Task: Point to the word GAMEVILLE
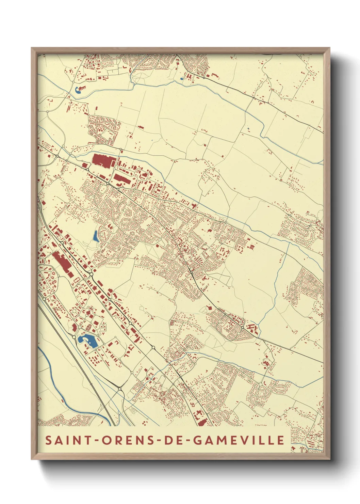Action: click(239, 440)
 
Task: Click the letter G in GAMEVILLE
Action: click(198, 440)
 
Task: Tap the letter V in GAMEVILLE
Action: click(246, 440)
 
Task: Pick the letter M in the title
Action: click(223, 440)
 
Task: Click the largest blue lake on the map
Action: click(87, 340)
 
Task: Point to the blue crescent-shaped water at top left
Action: click(78, 90)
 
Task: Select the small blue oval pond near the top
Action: click(182, 79)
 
